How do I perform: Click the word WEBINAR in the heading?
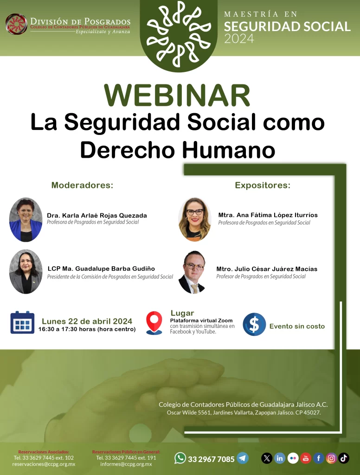click(177, 95)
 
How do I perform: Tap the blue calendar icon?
click(22, 322)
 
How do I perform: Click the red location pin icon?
click(154, 323)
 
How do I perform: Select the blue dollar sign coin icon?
click(254, 324)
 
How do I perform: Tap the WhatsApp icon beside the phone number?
click(180, 458)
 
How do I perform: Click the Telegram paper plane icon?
click(243, 458)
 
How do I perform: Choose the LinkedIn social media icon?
click(280, 458)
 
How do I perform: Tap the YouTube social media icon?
click(305, 458)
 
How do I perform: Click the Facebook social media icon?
click(319, 458)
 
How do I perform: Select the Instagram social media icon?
click(331, 458)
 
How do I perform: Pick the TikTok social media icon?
click(344, 458)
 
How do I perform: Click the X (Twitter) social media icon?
click(267, 458)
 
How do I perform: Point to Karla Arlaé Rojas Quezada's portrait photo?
click(26, 219)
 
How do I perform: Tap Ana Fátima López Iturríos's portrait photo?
click(194, 219)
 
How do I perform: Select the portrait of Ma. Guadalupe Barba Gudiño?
click(26, 272)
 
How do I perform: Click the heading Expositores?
click(263, 185)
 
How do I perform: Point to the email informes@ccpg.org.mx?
click(126, 464)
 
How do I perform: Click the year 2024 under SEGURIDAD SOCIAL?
click(239, 39)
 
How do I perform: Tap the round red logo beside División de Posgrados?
click(16, 24)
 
